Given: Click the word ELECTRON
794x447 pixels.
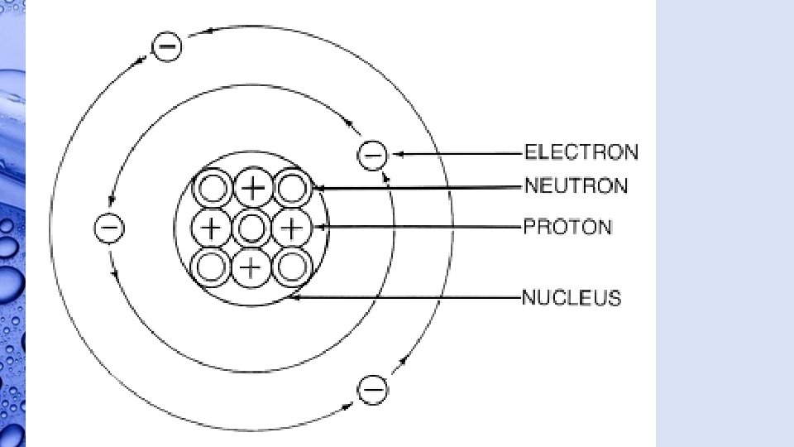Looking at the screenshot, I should pyautogui.click(x=581, y=152).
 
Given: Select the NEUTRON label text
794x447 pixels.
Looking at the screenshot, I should pyautogui.click(x=576, y=185).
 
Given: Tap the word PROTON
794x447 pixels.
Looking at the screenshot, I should pyautogui.click(x=567, y=226).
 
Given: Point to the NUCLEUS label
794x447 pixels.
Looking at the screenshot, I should pyautogui.click(x=571, y=297).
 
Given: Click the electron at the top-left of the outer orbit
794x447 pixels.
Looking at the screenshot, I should pyautogui.click(x=166, y=46).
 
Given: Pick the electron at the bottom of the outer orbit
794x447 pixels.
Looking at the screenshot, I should pyautogui.click(x=373, y=387).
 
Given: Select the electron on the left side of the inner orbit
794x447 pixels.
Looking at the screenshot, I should pyautogui.click(x=109, y=227).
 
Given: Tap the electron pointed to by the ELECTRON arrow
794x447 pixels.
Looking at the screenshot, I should pyautogui.click(x=372, y=154).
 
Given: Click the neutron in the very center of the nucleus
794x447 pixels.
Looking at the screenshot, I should pyautogui.click(x=252, y=227).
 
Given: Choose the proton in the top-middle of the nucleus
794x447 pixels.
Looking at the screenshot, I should pyautogui.click(x=253, y=188).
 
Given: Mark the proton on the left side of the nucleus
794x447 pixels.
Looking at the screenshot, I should pyautogui.click(x=213, y=227).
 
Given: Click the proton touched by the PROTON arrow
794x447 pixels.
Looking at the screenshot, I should pyautogui.click(x=292, y=227).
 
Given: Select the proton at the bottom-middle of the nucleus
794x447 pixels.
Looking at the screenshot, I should pyautogui.click(x=252, y=267).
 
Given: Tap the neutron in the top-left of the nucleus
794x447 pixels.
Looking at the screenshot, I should pyautogui.click(x=213, y=188).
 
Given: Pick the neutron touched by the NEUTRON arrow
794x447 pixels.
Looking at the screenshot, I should pyautogui.click(x=292, y=188).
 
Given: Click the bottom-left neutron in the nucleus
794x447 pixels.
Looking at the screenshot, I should pyautogui.click(x=213, y=267).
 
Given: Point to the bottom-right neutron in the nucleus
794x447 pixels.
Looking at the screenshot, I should pyautogui.click(x=292, y=267).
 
